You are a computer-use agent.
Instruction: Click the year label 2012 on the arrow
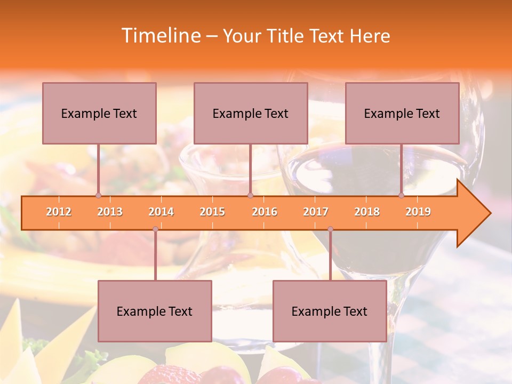tap(59, 212)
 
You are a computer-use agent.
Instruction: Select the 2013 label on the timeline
tap(110, 212)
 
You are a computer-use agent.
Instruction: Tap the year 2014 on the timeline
tap(161, 212)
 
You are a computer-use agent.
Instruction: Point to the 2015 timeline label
tap(212, 212)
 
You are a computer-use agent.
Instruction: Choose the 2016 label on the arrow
tap(265, 212)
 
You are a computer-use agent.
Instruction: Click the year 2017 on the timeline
tap(316, 212)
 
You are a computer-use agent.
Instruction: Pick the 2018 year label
tap(367, 212)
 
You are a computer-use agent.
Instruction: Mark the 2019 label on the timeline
tap(418, 212)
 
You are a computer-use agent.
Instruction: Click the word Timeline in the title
tap(160, 36)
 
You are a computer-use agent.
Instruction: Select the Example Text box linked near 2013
tap(99, 113)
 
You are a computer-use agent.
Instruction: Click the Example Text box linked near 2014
tap(155, 311)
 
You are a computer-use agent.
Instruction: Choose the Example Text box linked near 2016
tap(251, 113)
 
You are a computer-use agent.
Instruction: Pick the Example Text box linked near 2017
tap(330, 311)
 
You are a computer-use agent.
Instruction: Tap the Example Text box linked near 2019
tap(402, 113)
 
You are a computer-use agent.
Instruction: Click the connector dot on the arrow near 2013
tap(98, 196)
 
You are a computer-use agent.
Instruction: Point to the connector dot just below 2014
tap(155, 229)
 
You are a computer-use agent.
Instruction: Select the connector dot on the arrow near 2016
tap(250, 196)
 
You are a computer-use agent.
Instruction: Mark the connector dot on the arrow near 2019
tap(402, 196)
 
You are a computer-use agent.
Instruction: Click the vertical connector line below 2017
tap(330, 256)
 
